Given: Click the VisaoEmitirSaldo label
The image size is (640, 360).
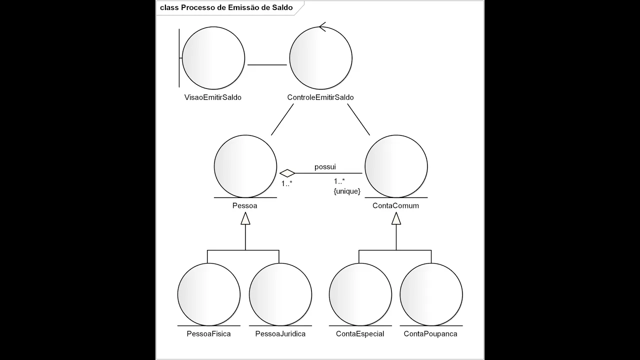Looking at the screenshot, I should tap(212, 97).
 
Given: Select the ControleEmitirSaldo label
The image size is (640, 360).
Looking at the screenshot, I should tap(320, 97).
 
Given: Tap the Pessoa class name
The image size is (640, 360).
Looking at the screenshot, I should tap(245, 205).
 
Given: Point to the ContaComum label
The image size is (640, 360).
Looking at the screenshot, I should tap(395, 205).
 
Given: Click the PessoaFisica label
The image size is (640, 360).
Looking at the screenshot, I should tap(208, 333).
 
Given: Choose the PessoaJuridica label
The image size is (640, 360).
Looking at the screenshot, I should tap(280, 333).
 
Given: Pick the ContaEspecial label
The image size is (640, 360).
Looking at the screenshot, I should tap(360, 333).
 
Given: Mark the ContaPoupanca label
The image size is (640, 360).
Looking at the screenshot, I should tap(430, 333).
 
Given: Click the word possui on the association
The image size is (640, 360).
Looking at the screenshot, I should tap(325, 166).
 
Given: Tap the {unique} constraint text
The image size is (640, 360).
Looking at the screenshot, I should tap(347, 191).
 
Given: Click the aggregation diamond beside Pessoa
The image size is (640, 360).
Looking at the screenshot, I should tap(287, 173).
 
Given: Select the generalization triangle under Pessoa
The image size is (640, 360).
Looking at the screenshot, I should tap(245, 218).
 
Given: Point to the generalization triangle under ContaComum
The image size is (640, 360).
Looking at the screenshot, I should tap(396, 218).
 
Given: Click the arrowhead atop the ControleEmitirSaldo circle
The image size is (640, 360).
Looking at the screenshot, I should tap(322, 26).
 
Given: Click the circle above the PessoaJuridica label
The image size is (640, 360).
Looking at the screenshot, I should tap(280, 294).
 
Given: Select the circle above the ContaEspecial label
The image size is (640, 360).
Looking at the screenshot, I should tap(360, 294).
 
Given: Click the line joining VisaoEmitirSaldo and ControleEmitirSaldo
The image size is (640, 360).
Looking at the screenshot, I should tap(267, 64).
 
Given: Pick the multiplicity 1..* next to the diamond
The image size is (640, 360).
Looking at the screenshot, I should tap(286, 183).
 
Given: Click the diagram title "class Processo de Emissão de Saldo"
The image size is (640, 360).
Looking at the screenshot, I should tap(226, 8).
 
